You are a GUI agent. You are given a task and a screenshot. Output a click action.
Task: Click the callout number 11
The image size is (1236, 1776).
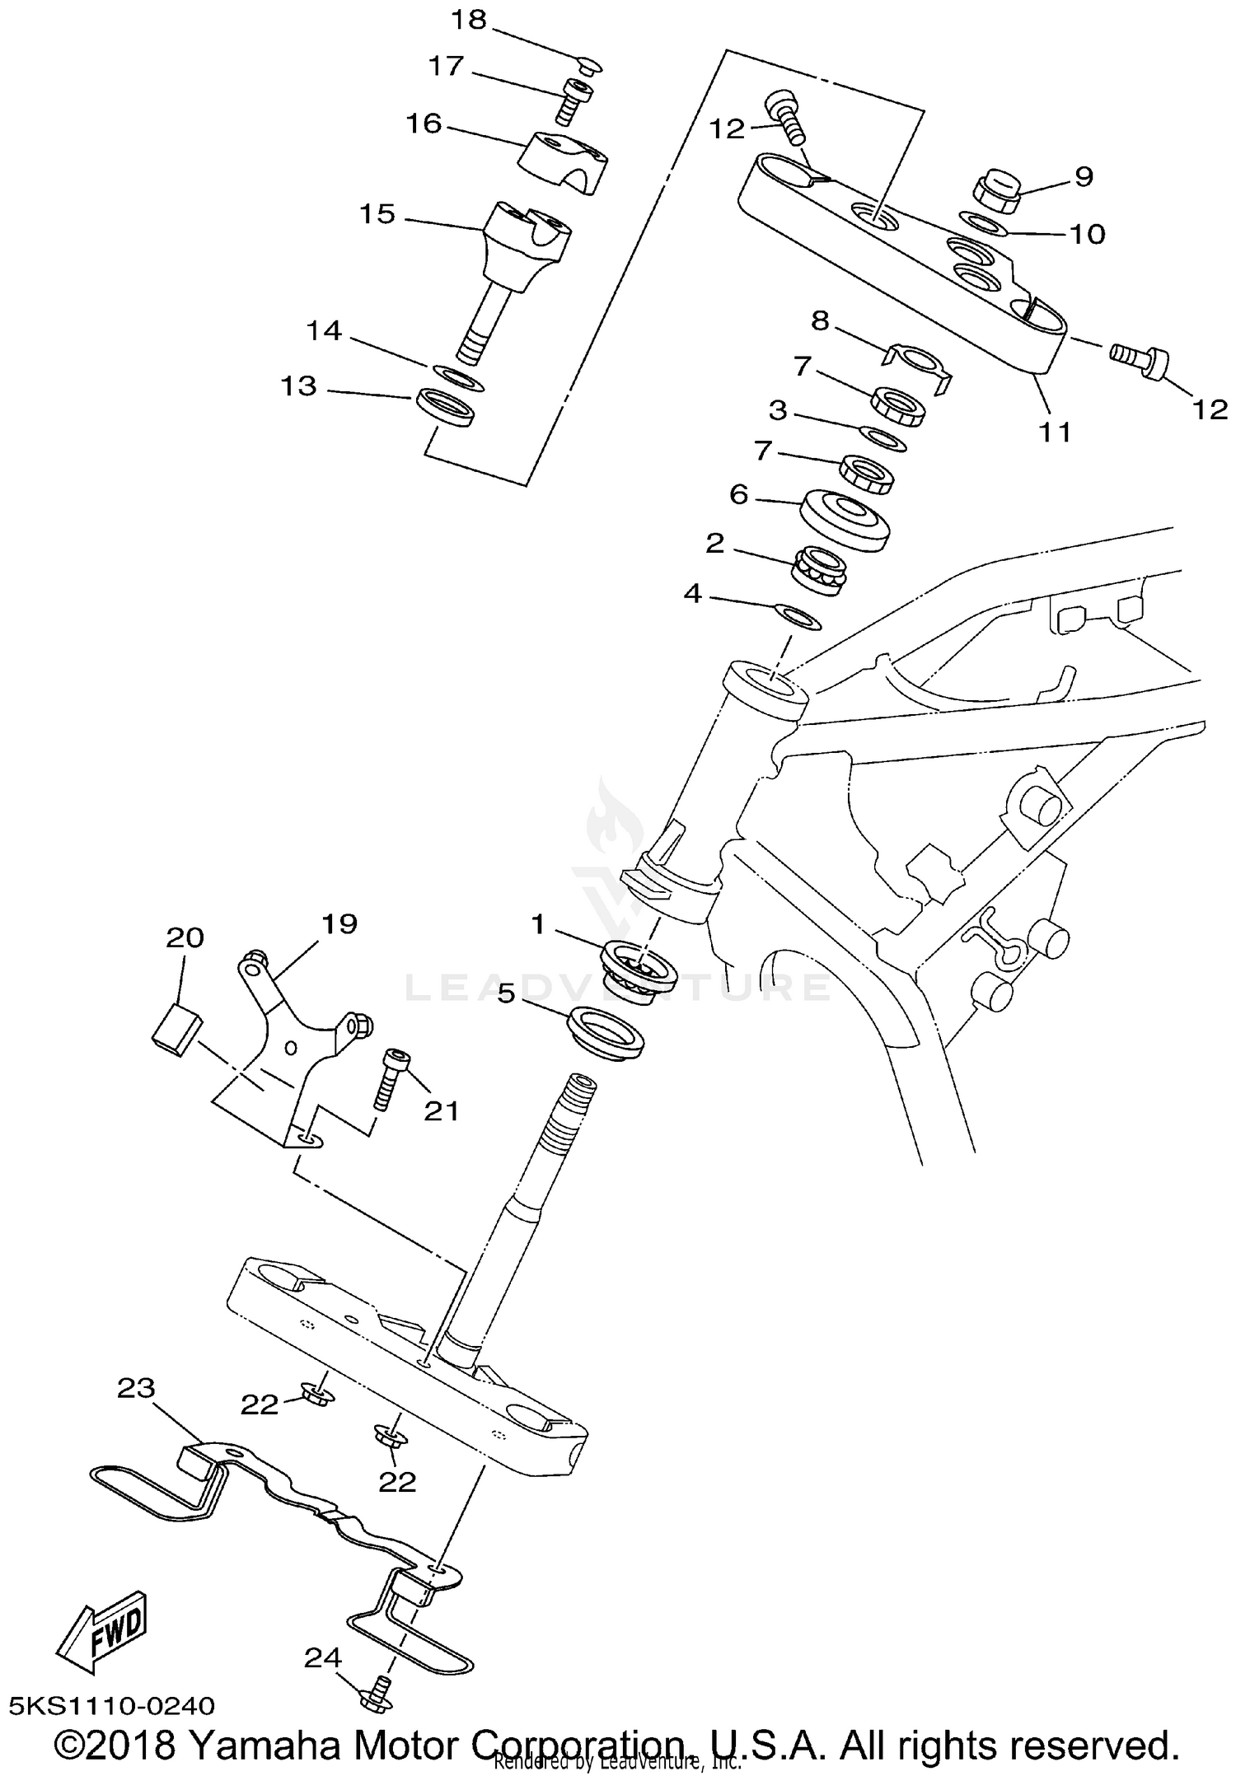(x=1054, y=431)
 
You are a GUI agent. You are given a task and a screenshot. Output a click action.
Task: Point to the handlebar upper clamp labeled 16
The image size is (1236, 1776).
(x=565, y=161)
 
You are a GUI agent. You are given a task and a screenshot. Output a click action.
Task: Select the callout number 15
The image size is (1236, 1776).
(x=377, y=214)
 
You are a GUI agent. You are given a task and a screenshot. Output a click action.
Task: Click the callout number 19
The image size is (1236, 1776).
(x=339, y=923)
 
